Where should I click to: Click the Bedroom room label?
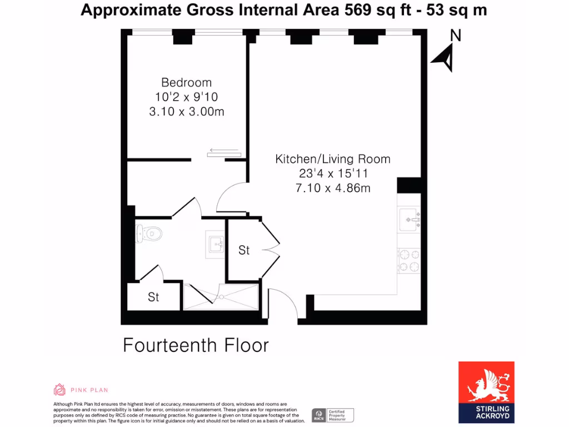point(186,82)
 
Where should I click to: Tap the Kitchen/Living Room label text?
point(333,159)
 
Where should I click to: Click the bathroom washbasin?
point(215,242)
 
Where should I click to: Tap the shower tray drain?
point(221,297)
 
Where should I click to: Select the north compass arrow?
point(443,58)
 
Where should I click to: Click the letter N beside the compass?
point(455,36)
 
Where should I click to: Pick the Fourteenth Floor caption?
point(196,345)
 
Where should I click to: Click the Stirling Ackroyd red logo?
point(486,391)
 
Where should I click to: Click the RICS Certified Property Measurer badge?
point(332,415)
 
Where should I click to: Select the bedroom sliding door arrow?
point(224,151)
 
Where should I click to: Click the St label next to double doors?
point(244,251)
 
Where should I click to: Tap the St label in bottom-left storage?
point(153,297)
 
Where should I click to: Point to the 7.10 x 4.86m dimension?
point(333,188)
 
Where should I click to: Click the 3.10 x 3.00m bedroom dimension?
point(186,111)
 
